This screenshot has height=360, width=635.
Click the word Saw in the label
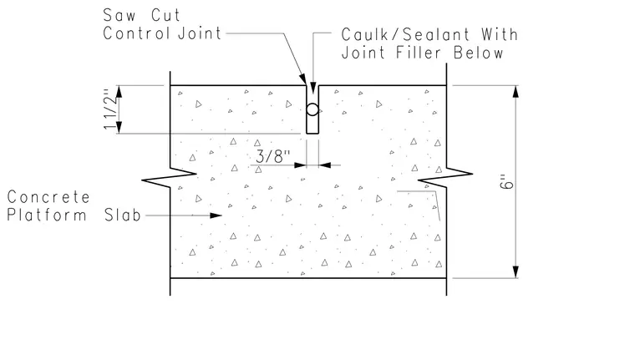tap(119, 15)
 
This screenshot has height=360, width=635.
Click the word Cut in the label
tap(165, 15)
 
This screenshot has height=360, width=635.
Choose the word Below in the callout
tap(478, 53)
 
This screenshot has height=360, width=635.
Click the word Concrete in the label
tap(48, 197)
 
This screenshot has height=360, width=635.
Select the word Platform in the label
tap(47, 215)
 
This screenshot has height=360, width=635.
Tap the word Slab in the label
tap(122, 215)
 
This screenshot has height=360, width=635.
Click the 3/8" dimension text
tap(273, 156)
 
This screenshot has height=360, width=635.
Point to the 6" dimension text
tap(506, 182)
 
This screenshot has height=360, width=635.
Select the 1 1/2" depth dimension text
tap(109, 109)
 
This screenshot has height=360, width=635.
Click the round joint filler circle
tap(312, 109)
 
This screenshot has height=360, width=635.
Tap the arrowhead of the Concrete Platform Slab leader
tap(216, 215)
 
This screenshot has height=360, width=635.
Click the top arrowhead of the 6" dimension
tap(516, 92)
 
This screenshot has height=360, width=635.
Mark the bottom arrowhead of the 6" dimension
tap(516, 271)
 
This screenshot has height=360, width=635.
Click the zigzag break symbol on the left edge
tap(170, 177)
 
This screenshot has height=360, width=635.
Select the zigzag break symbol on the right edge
tap(445, 177)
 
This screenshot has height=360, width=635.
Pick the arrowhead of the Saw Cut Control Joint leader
tap(302, 79)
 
